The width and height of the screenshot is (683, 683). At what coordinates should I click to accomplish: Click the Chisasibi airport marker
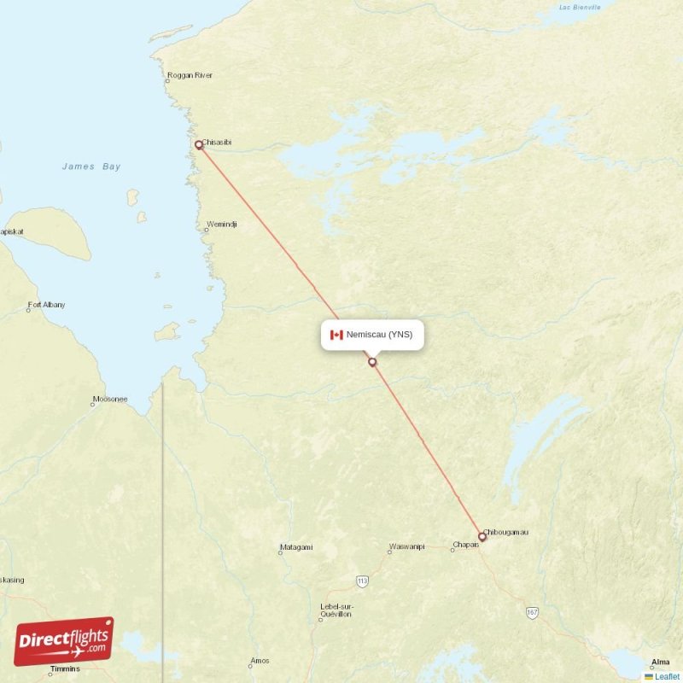(199, 145)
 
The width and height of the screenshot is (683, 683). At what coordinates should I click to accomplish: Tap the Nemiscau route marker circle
(372, 362)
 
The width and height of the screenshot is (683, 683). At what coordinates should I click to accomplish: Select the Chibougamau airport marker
(482, 537)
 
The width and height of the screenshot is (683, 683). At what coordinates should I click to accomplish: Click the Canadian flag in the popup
(336, 335)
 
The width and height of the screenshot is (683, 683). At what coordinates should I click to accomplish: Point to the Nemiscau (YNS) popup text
(379, 335)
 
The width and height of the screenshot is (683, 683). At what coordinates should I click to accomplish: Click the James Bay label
(91, 166)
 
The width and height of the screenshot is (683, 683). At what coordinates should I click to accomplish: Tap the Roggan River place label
(190, 75)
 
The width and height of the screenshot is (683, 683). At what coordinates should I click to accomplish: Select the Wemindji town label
(222, 225)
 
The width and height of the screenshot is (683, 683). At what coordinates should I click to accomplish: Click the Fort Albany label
(46, 305)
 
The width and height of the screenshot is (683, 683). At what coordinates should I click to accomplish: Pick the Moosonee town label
(109, 399)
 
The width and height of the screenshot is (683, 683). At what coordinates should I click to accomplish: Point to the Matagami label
(296, 547)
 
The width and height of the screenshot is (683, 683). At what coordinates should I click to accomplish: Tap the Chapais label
(465, 545)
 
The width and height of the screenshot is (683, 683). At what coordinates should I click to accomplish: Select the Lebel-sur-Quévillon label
(336, 610)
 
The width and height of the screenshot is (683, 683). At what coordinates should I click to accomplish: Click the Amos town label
(260, 662)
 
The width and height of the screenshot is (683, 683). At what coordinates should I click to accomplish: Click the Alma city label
(660, 662)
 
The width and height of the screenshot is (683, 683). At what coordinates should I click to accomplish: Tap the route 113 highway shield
(362, 581)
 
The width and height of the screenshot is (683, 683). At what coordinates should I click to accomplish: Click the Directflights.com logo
(64, 641)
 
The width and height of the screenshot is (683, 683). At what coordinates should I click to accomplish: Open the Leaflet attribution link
(667, 676)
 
